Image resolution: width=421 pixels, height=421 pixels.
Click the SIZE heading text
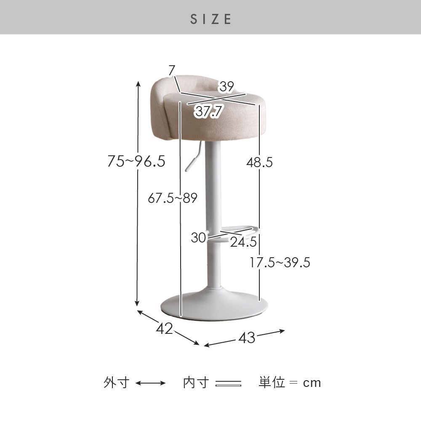pyautogui.click(x=210, y=19)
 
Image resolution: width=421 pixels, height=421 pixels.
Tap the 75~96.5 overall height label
pyautogui.click(x=136, y=161)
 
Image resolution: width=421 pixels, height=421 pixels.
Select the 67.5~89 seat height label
pyautogui.click(x=172, y=198)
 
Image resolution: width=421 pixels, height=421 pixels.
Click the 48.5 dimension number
pyautogui.click(x=259, y=163)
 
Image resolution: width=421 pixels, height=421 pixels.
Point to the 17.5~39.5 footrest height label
pyautogui.click(x=280, y=262)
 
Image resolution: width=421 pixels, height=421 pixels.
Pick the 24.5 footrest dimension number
pyautogui.click(x=243, y=242)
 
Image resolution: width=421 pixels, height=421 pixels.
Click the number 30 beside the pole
pyautogui.click(x=198, y=237)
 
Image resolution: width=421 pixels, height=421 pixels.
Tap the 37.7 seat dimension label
pyautogui.click(x=209, y=111)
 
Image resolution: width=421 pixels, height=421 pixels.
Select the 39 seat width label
pyautogui.click(x=227, y=86)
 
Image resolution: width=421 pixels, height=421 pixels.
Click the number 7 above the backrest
pyautogui.click(x=172, y=70)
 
